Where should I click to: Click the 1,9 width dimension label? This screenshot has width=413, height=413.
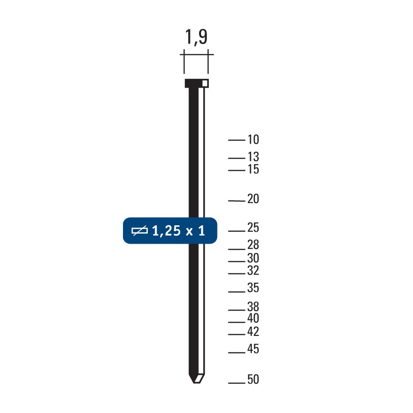pyautogui.click(x=196, y=37)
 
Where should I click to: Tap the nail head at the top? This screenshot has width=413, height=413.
pyautogui.click(x=196, y=83)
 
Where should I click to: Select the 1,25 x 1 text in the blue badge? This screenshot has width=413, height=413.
pyautogui.click(x=178, y=231)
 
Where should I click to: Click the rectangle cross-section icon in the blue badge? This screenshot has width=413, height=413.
pyautogui.click(x=139, y=231)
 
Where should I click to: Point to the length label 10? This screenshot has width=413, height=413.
pyautogui.click(x=253, y=140)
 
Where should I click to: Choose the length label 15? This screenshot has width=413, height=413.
pyautogui.click(x=253, y=170)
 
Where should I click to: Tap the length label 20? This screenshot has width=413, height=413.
pyautogui.click(x=253, y=200)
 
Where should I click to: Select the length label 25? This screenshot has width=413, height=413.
pyautogui.click(x=253, y=228)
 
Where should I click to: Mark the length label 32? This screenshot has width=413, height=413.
pyautogui.click(x=253, y=271)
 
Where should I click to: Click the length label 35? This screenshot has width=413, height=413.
pyautogui.click(x=253, y=289)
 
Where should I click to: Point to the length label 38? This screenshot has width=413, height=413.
pyautogui.click(x=253, y=307)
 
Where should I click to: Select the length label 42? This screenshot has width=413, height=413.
pyautogui.click(x=253, y=332)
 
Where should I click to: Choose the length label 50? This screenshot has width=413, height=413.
pyautogui.click(x=253, y=380)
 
